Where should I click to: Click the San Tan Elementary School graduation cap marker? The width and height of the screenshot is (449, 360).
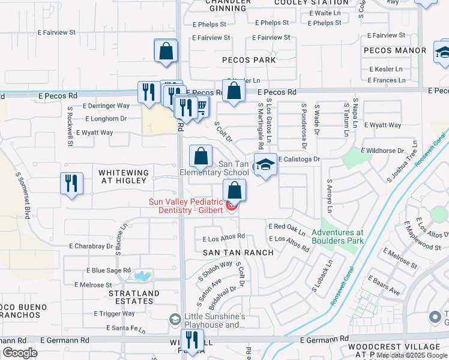tap(265, 164)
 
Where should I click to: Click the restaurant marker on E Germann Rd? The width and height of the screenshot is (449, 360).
tap(192, 339)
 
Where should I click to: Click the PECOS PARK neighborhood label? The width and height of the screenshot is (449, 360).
tap(249, 60)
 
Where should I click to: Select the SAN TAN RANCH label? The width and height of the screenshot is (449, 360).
tap(238, 253)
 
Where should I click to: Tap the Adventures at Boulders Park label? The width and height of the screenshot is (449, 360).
tap(337, 236)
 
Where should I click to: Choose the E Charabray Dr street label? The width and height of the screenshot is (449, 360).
tap(91, 246)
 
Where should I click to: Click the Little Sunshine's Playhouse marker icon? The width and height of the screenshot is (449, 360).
tap(175, 319)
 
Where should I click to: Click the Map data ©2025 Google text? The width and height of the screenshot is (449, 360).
tap(411, 356)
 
